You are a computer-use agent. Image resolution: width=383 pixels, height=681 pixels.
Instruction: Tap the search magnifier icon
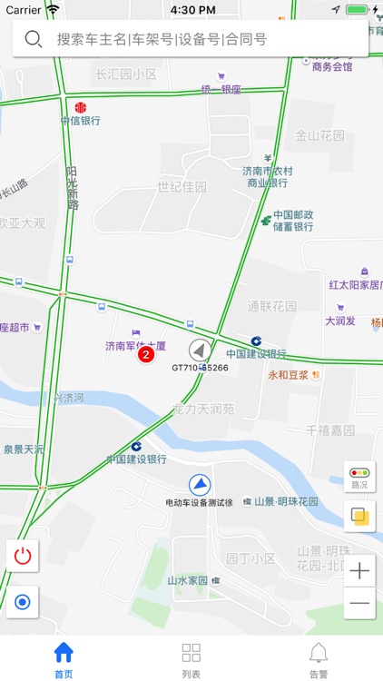(x=34, y=39)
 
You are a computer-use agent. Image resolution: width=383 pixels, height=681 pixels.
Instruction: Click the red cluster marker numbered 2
(x=145, y=355)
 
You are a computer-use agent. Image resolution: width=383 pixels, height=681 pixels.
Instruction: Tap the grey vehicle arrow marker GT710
(x=200, y=350)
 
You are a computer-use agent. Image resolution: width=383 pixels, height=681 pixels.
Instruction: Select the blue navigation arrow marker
(x=200, y=485)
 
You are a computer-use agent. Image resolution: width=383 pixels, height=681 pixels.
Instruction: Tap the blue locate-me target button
(x=23, y=601)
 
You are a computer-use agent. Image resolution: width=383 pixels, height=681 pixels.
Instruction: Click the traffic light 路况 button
(x=359, y=476)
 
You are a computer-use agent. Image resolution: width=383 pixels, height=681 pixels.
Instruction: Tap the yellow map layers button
(x=359, y=517)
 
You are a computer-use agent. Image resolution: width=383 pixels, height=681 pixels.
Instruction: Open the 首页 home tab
(x=64, y=658)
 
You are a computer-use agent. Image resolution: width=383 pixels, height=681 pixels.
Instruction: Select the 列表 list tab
(x=191, y=658)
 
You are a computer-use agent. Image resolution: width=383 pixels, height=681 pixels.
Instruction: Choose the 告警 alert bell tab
(x=318, y=658)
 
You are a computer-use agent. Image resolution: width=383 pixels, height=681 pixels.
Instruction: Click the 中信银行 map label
(x=80, y=119)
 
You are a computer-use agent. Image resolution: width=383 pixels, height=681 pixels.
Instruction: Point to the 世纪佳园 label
(x=182, y=187)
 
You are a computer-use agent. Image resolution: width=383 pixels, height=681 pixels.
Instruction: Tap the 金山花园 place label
(x=320, y=136)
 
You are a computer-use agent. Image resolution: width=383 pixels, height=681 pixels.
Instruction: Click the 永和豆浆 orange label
(x=290, y=374)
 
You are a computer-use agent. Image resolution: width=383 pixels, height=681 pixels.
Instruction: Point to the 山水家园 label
(x=187, y=580)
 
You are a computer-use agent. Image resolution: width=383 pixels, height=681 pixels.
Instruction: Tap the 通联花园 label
(x=272, y=306)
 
